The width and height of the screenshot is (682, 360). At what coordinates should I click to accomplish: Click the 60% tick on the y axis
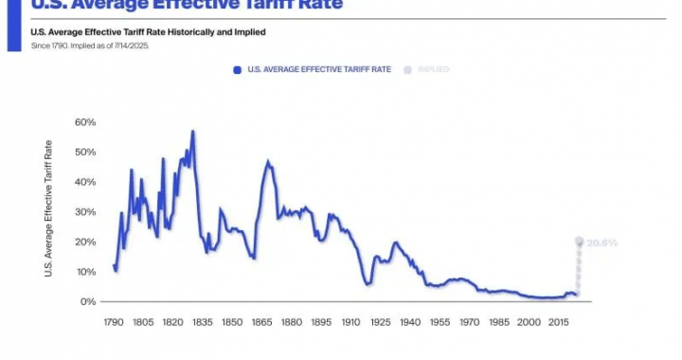[x=84, y=122]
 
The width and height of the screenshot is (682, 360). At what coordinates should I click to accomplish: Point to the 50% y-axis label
[x=84, y=153]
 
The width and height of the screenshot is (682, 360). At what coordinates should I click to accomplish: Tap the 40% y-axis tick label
[x=84, y=182]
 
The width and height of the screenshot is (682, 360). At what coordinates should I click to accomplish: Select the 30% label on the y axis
[x=84, y=212]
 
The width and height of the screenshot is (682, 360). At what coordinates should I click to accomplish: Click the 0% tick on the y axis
[x=87, y=301]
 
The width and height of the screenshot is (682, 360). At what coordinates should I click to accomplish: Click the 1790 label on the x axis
[x=115, y=323]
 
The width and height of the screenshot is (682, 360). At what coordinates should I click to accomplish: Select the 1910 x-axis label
[x=350, y=323]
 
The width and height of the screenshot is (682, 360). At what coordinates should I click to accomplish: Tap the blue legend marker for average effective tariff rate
[x=237, y=69]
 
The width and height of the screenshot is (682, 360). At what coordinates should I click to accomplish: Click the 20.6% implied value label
[x=602, y=243]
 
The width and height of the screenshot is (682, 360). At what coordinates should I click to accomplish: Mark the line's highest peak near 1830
[x=192, y=132]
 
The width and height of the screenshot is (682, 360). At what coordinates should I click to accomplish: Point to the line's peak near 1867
[x=268, y=161]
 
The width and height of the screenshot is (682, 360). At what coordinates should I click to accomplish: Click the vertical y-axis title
[x=48, y=209]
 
